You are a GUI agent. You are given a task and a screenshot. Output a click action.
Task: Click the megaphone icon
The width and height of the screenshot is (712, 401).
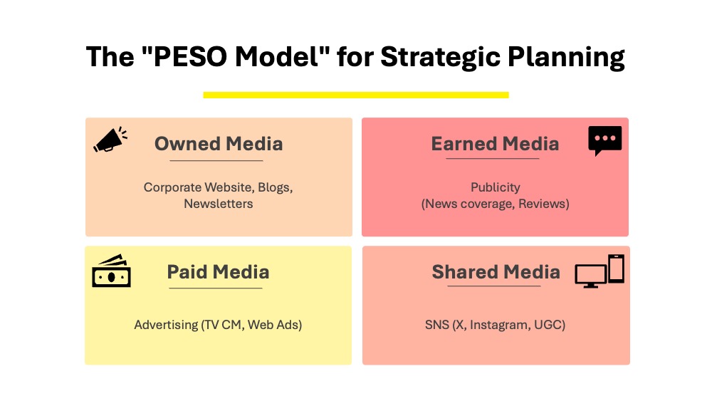coord(110,140)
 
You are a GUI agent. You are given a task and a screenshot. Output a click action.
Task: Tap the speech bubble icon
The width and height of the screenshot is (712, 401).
coord(604,141)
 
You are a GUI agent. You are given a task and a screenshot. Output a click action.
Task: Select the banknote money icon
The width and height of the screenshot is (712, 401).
coord(111,271)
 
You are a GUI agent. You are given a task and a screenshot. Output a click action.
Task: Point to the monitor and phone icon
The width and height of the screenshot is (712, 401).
coord(600,271)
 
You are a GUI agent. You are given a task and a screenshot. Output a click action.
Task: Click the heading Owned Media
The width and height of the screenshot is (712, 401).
coord(219,144)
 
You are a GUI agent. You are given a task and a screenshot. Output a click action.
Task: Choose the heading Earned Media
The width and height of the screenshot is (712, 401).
coord(495,144)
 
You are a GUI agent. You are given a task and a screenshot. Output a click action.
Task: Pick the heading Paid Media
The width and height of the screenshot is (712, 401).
coord(218,272)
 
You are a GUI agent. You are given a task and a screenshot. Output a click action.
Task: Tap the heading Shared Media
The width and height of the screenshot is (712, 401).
coord(496,272)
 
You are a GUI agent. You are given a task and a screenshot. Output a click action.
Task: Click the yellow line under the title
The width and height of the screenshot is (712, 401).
coord(356,95)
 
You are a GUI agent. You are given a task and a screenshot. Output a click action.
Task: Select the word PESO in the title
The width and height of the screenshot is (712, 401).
coord(190,57)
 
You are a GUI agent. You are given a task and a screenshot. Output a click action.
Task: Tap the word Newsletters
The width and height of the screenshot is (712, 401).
coord(219,204)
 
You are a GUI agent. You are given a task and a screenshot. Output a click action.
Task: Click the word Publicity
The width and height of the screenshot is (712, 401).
coord(496,187)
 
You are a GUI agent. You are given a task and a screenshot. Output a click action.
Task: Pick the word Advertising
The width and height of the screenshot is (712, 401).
coord(166,326)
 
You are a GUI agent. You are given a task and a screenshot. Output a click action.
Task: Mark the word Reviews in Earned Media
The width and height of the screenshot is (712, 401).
coord(543,204)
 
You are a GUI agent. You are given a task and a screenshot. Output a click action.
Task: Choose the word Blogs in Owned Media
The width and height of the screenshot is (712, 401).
coord(275,187)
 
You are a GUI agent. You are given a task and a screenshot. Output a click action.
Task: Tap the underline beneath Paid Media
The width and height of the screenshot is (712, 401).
coord(216,288)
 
